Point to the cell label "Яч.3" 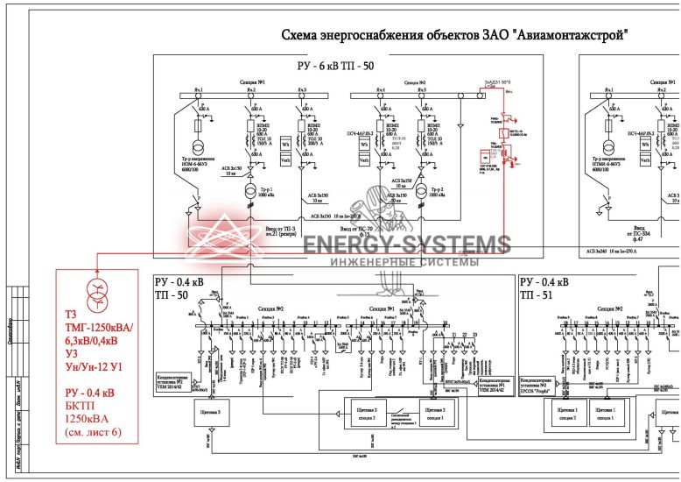302,90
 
